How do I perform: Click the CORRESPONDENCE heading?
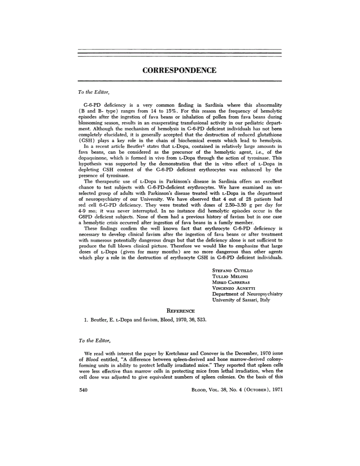pyautogui.click(x=180, y=71)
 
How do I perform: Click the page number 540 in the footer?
pyautogui.click(x=83, y=390)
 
